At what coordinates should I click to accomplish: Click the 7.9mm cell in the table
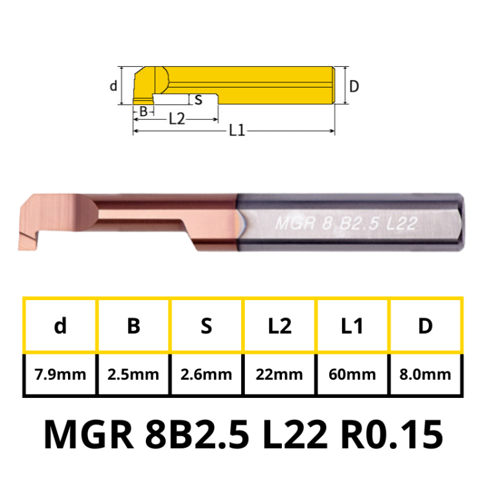tap(60, 375)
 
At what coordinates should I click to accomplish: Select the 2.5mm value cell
tap(133, 375)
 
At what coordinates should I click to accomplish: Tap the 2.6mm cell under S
tap(206, 375)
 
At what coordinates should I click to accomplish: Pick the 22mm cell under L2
tap(279, 375)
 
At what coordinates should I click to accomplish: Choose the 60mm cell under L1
tap(353, 375)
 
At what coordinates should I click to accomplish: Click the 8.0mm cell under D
tap(425, 375)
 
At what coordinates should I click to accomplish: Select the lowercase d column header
tap(60, 326)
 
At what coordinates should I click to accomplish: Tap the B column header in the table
tap(133, 326)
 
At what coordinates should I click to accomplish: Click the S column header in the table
tap(206, 326)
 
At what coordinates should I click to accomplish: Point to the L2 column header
tap(279, 326)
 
